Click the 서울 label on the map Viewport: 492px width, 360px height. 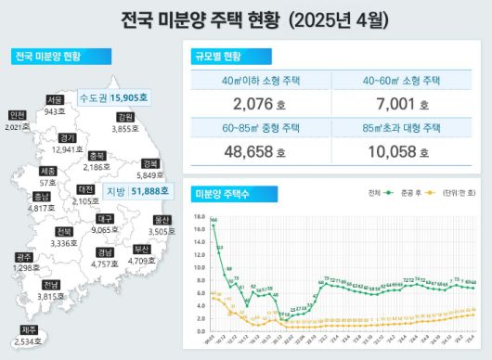pos(55,99)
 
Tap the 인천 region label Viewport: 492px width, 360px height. pos(17,115)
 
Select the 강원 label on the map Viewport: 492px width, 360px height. pos(125,118)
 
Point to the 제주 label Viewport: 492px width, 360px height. pos(29,329)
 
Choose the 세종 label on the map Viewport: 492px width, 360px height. pos(48,172)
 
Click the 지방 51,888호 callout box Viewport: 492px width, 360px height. pos(137,191)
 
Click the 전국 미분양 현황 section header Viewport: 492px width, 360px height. pos(48,58)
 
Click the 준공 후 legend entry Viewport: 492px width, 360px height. pos(402,193)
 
